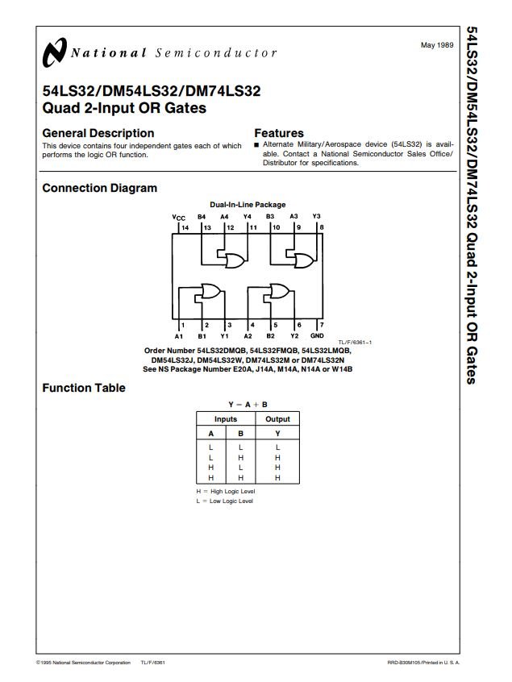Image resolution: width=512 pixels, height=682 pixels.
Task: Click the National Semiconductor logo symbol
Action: pos(55,52)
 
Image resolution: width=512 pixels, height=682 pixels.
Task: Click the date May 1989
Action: pos(437,45)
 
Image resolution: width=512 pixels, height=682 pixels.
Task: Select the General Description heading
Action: pos(98,133)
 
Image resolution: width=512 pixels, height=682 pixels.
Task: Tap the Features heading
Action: pos(279,133)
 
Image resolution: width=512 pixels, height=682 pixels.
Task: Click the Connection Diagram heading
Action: pos(100,188)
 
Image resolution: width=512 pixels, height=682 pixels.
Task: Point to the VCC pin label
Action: pos(178,218)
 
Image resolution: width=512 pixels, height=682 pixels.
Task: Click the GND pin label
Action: pos(317,336)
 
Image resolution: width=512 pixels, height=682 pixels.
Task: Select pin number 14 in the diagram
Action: pos(185,227)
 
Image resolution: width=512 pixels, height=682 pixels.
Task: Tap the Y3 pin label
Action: pos(316,216)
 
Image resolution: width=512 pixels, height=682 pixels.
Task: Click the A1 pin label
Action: pos(179,336)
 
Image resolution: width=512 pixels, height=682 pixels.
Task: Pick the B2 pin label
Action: pos(271,336)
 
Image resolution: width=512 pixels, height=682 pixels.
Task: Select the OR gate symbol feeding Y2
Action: pos(280,290)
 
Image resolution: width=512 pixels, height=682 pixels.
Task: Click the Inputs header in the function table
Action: pos(226,419)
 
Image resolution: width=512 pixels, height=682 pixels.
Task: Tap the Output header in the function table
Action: pos(277,419)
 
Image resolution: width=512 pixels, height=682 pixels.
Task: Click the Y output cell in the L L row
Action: pos(277,447)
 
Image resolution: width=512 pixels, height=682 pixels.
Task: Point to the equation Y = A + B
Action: pos(248,405)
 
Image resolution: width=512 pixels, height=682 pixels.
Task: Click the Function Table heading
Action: pos(84,388)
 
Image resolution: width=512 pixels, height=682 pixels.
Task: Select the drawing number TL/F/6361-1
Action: pos(355,343)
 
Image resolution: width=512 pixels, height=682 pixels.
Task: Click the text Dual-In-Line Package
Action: pos(248,205)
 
